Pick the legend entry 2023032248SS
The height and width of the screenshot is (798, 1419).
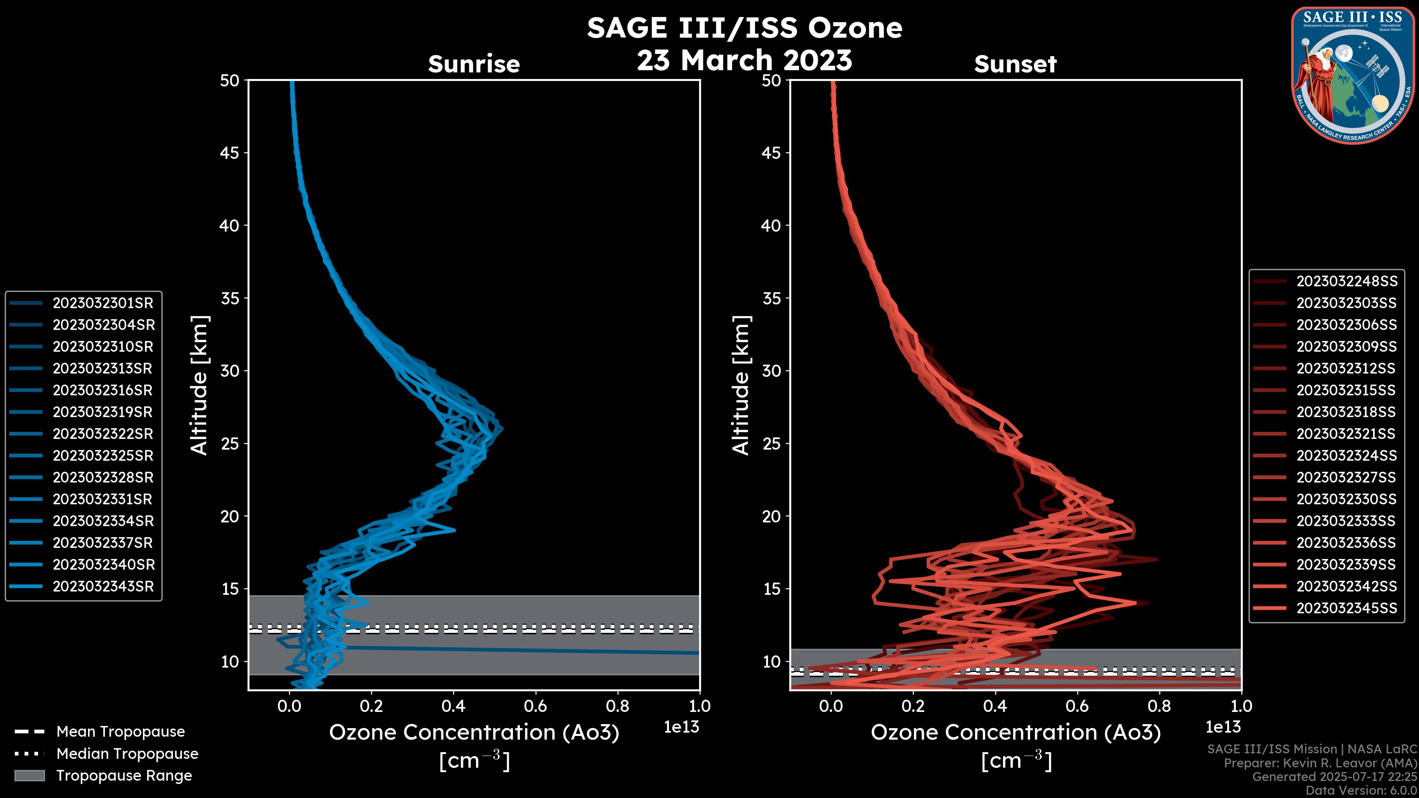pos(1346,282)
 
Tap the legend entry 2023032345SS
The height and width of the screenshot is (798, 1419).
pos(1346,608)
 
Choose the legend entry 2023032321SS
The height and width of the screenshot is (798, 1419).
pos(1346,434)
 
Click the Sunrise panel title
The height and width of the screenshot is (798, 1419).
pos(474,64)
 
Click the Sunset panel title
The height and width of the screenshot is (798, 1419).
pos(1015,64)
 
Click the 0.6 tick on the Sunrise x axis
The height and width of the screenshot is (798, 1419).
pos(535,706)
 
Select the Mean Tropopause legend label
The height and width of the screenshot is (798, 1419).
pos(120,731)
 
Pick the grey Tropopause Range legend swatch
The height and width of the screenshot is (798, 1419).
pos(29,775)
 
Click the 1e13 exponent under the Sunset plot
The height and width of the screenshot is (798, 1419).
pos(1223,727)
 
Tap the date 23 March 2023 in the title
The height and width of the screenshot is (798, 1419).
pos(744,60)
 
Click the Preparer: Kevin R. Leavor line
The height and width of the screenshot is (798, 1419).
pos(1320,763)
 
